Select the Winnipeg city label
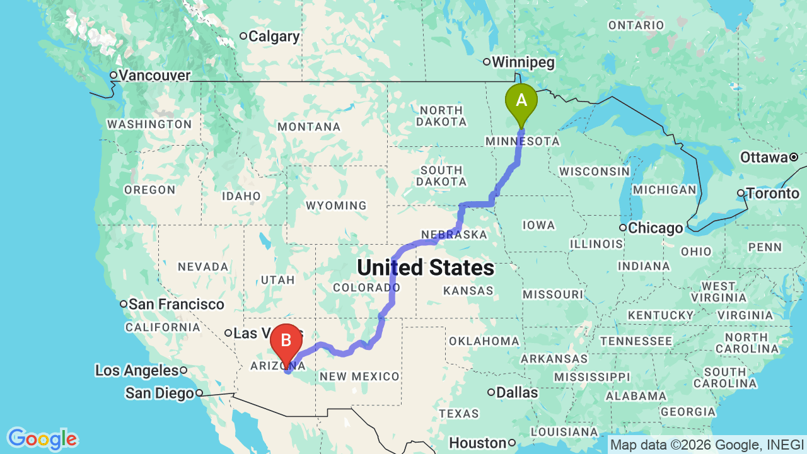(523, 62)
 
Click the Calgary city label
(274, 37)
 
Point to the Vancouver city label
(154, 76)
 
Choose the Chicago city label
(656, 228)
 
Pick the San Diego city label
(159, 393)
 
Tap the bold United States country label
(426, 268)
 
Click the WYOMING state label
(336, 206)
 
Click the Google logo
(42, 439)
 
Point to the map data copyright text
(707, 445)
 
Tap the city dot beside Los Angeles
(183, 370)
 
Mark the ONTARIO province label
(636, 25)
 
